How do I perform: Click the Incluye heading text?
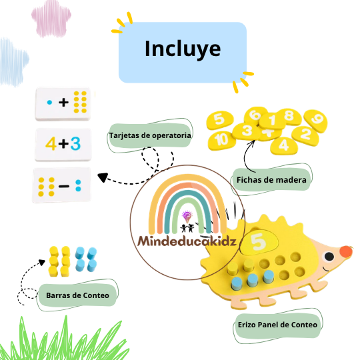pos(183,49)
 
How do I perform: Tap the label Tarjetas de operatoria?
pos(150,135)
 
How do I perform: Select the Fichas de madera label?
pos(271,180)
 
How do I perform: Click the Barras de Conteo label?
pos(77,295)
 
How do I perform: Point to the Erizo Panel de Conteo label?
pos(277,325)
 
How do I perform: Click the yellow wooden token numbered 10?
pos(222,140)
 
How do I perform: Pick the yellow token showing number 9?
pos(316,120)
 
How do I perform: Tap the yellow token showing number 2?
pos(305,134)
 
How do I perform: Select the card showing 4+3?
pos(63,145)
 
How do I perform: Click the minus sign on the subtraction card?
pos(64,186)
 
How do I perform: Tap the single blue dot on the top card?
pos(49,103)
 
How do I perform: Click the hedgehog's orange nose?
pos(346,251)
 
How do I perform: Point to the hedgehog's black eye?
pos(329,257)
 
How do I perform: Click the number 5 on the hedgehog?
pos(258,241)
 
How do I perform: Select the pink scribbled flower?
pos(51,19)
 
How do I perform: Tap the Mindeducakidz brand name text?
pos(187,241)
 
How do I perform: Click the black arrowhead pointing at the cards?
pos(103,177)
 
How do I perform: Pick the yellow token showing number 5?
pos(220,119)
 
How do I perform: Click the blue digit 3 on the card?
pos(75,144)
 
